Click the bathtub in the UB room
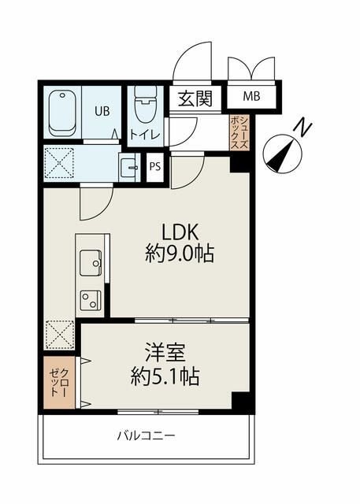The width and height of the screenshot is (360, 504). point(63,113)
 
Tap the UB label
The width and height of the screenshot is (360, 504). point(102,111)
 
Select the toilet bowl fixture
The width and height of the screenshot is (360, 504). point(146,104)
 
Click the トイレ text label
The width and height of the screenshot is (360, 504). point(144,135)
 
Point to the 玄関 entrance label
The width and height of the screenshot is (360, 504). point(195,98)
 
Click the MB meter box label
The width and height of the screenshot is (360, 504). point(251,96)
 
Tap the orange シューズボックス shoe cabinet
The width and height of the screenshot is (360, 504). point(239,133)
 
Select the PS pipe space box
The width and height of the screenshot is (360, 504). point(155,167)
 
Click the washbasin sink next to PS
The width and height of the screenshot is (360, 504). point(128,167)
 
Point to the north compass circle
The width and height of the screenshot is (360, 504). point(283,154)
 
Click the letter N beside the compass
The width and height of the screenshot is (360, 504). point(302,127)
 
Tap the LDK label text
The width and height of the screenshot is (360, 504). point(180,232)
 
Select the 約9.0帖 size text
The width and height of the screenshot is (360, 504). point(180,254)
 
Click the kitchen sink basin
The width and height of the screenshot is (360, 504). point(91,262)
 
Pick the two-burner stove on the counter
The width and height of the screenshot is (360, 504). point(90,300)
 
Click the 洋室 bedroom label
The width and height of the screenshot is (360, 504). point(165,353)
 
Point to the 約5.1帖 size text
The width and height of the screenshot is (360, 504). point(165,376)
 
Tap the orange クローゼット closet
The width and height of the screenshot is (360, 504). point(59,383)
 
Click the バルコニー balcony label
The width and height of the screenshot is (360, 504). point(146,436)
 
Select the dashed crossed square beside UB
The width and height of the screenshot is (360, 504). point(59,162)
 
